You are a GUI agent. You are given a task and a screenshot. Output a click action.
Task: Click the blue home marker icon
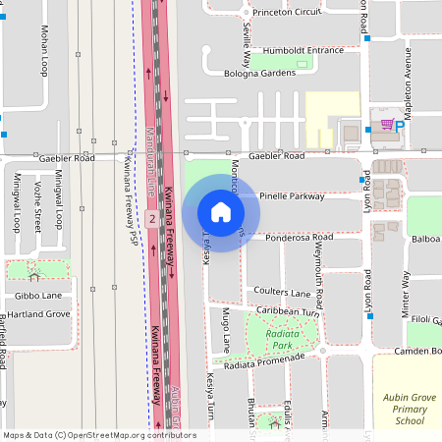coord(220,211)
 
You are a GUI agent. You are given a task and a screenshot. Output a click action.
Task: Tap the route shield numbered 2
coord(152,218)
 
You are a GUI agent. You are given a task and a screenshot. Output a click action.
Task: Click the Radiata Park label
coord(282,340)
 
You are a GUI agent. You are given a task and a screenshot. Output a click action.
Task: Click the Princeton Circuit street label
coord(287,13)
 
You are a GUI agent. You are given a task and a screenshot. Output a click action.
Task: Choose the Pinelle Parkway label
coord(293,196)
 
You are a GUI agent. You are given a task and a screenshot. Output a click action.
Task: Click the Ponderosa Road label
coord(300,238)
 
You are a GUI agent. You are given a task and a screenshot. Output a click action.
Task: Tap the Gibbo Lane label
coord(37,296)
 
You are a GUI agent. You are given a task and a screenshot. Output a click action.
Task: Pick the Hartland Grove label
coord(38,314)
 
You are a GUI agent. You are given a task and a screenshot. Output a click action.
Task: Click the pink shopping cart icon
coord(387,125)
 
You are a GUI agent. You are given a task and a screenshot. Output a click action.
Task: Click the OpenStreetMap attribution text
coord(98,435)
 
